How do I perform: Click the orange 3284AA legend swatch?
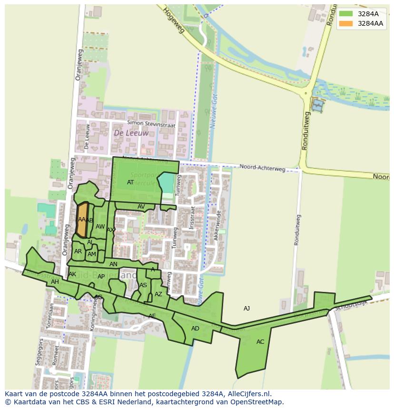[x=346, y=23]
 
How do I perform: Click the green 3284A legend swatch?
[x=346, y=14]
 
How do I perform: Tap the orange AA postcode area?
[x=82, y=220]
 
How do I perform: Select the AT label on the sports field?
[x=130, y=182]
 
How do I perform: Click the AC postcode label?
[x=260, y=342]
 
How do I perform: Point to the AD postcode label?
[x=195, y=329]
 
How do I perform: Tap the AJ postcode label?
[x=246, y=309]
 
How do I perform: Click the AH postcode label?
[x=55, y=282]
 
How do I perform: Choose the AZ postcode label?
[x=158, y=294]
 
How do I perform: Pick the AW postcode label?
[x=100, y=227]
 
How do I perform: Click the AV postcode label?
[x=141, y=207]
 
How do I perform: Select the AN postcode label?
[x=113, y=264]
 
